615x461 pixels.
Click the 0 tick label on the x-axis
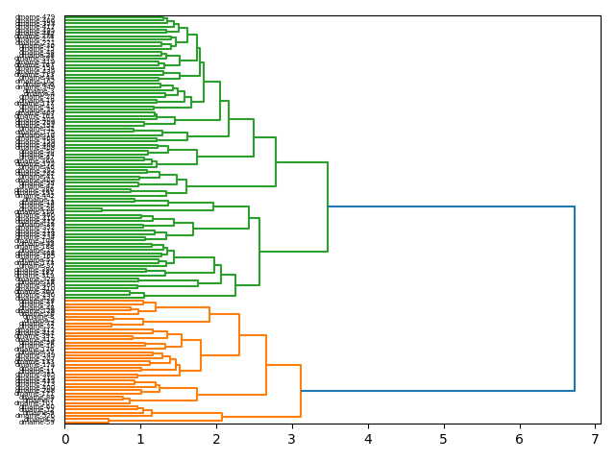point(65,439)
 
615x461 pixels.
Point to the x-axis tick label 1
point(140,439)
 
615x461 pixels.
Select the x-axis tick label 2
point(216,439)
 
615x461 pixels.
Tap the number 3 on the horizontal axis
point(292,439)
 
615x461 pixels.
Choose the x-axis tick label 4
point(368,439)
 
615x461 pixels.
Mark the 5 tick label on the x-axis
point(444,439)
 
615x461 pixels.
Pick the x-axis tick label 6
point(519,439)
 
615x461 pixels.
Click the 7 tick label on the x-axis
point(595,439)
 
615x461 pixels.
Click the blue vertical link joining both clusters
point(575,299)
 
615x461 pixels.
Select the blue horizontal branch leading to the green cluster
point(452,206)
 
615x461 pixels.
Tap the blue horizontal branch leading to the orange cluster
point(437,391)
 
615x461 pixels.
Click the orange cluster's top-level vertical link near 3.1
point(301,391)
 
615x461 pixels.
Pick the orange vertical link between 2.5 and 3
point(266,365)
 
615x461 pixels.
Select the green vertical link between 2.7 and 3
point(276,161)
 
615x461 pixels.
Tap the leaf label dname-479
point(36,17)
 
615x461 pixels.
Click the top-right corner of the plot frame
point(601,15)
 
